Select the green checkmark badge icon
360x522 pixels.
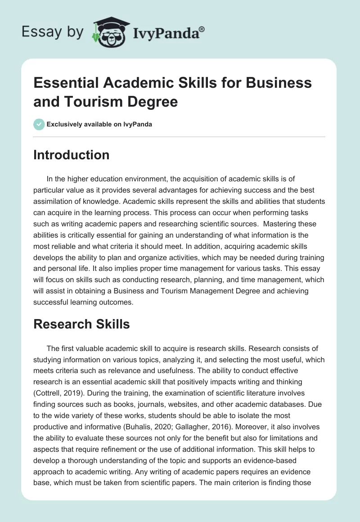coord(39,124)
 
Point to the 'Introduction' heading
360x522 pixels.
coord(72,155)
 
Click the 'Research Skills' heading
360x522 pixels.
coord(82,324)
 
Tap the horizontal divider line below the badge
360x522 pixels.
coord(180,137)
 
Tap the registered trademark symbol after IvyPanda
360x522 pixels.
coord(202,28)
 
